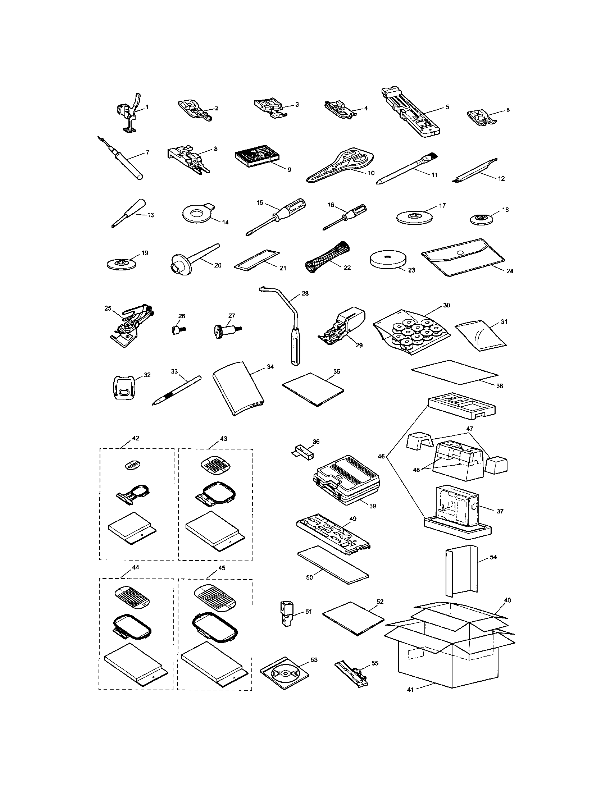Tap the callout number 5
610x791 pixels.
447,107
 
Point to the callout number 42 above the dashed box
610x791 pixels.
136,438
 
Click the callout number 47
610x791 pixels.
470,429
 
